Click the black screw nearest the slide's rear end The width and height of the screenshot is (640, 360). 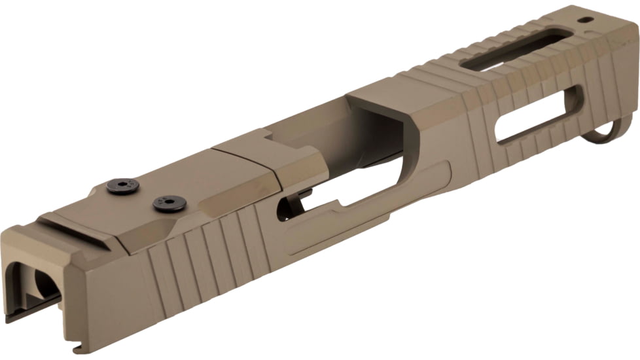pyautogui.click(x=122, y=187)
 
